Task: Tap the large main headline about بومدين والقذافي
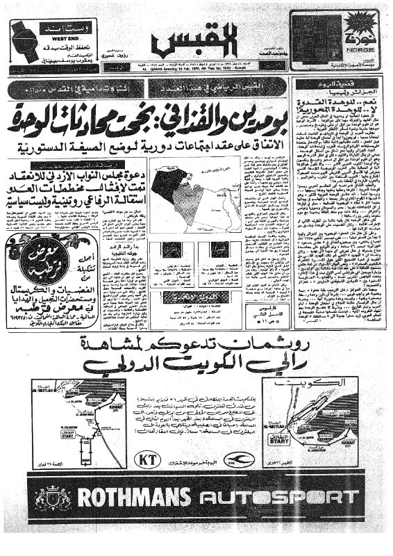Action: [x=196, y=112]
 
